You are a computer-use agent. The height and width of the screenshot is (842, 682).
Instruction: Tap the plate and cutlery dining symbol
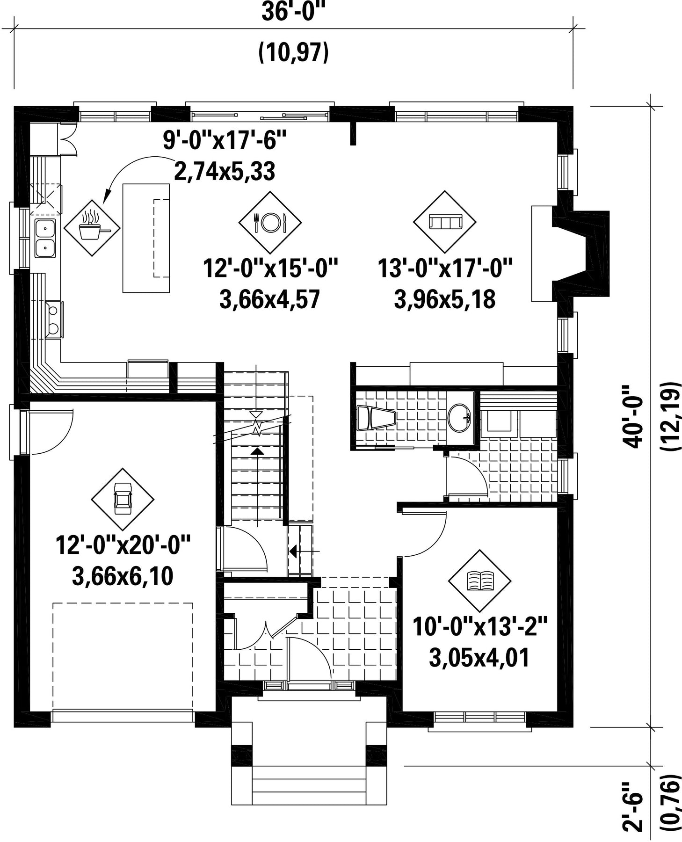(x=270, y=222)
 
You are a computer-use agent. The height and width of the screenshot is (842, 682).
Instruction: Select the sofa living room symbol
(x=444, y=222)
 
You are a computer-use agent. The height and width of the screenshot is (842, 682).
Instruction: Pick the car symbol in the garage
(x=123, y=499)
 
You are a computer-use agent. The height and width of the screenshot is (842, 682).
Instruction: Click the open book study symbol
(x=479, y=581)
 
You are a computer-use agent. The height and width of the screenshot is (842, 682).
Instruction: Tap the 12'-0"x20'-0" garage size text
(x=123, y=545)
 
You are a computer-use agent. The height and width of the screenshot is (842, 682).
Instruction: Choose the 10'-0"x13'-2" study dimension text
(x=480, y=626)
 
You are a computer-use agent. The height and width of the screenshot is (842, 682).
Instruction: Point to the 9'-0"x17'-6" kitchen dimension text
(x=224, y=140)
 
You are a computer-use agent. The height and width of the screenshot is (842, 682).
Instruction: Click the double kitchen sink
(x=45, y=238)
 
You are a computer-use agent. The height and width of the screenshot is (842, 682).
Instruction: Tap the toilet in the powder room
(x=376, y=417)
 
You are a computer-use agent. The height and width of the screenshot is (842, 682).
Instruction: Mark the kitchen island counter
(x=146, y=238)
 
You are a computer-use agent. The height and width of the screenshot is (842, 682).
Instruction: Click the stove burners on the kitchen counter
(x=54, y=320)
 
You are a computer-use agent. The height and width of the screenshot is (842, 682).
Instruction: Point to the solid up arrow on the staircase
(x=256, y=451)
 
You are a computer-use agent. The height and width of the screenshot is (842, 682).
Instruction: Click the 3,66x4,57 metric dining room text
(x=269, y=299)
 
